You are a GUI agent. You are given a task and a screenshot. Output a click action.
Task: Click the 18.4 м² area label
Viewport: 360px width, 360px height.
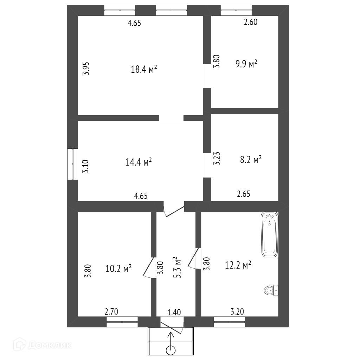pos(144,69)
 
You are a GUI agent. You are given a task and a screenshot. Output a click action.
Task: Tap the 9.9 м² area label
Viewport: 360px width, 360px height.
pos(246,64)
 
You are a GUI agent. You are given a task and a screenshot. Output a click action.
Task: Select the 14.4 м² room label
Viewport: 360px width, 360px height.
pos(139,162)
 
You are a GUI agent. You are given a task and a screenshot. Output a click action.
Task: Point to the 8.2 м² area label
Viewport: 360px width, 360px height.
pos(251,159)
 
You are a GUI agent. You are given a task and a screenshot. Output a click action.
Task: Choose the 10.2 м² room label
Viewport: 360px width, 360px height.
pos(118,268)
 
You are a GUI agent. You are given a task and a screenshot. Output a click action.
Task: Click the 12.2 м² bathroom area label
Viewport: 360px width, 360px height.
pos(238,265)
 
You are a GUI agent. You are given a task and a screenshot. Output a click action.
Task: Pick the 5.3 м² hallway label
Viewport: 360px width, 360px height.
pos(177,267)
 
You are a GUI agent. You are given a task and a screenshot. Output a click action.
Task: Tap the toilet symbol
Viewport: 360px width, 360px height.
pos(271,290)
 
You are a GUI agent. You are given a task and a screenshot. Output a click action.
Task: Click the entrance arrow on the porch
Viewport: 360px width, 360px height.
pos(171,338)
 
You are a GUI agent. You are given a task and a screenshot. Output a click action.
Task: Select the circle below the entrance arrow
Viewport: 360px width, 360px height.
pos(171,351)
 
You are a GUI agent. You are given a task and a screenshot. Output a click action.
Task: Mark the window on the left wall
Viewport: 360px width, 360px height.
pos(72,164)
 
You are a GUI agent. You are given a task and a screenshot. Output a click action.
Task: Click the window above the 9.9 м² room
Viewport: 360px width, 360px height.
pos(236,10)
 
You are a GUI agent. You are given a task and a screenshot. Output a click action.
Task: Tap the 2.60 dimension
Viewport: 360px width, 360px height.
pos(251,22)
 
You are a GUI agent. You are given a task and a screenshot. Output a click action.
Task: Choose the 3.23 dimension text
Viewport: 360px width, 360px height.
pos(217,158)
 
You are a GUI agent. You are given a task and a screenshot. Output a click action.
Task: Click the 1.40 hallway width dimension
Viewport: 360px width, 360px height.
pos(174,312)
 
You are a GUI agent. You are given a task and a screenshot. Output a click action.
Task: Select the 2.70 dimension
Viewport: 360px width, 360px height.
pos(111,311)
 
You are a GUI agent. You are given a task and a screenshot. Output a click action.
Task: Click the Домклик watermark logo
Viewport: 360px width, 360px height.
pos(43,345)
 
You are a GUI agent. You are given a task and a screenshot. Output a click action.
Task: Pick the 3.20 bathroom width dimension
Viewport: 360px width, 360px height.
pos(237,311)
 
